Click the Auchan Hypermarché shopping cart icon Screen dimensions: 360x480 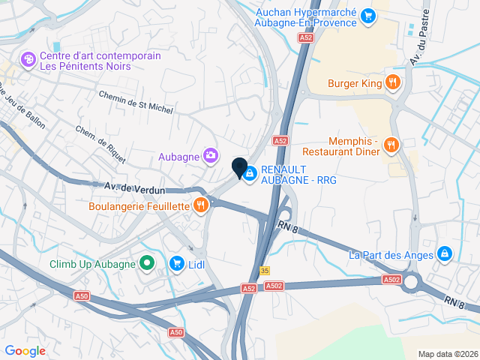coord(367,15)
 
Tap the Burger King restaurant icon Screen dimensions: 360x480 coord(391,82)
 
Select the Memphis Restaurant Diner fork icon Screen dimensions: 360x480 coord(390,144)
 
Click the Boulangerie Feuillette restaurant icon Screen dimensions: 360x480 coord(200,205)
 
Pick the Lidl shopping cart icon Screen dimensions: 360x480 coord(177,262)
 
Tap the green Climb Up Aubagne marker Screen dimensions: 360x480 coord(147,263)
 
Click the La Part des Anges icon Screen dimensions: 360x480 coord(445,254)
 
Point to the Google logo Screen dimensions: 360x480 coord(25,350)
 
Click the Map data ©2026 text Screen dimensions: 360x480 coord(447,354)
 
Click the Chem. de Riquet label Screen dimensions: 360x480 coord(94,142)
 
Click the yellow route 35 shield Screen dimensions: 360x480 coord(265,271)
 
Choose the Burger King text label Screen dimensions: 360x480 coord(355,83)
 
